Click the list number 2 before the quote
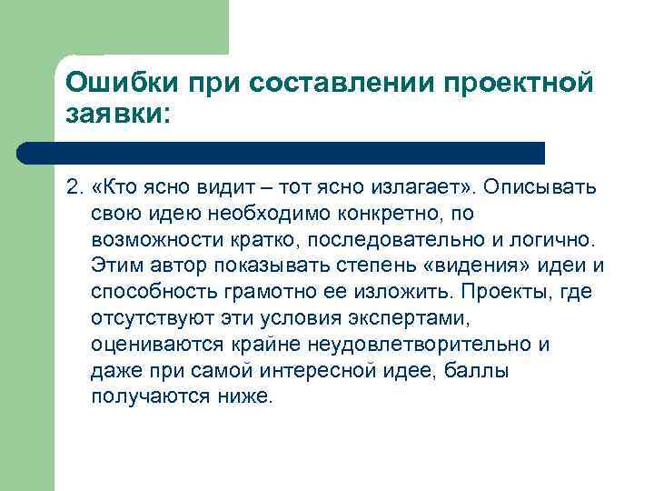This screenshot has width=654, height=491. point(74,187)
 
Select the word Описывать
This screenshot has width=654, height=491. point(540,187)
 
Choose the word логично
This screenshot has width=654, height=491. point(554,239)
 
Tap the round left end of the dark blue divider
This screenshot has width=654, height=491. point(28,153)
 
